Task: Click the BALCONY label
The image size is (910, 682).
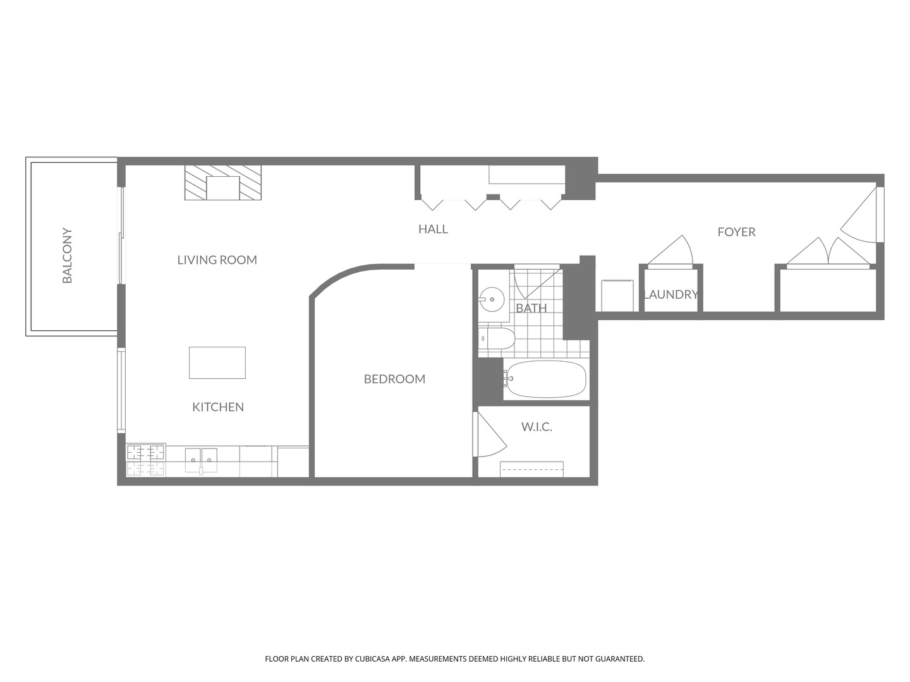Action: tap(67, 256)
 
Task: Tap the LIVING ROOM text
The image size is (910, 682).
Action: tap(217, 260)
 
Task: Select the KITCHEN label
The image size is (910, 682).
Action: tap(218, 407)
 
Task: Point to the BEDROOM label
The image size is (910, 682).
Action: tap(394, 379)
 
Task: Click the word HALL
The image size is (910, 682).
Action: tap(433, 229)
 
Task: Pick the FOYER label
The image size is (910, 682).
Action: tap(736, 232)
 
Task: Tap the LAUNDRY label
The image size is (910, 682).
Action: tap(670, 294)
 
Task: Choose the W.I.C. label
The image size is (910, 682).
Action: tap(537, 427)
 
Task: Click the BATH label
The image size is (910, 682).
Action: tap(531, 308)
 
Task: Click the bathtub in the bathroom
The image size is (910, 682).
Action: tap(546, 380)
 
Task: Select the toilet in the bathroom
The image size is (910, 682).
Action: tap(497, 339)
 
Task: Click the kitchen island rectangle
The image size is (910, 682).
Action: tap(217, 362)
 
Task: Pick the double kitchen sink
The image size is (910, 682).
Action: tap(201, 460)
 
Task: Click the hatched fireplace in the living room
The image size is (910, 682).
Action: tap(223, 183)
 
